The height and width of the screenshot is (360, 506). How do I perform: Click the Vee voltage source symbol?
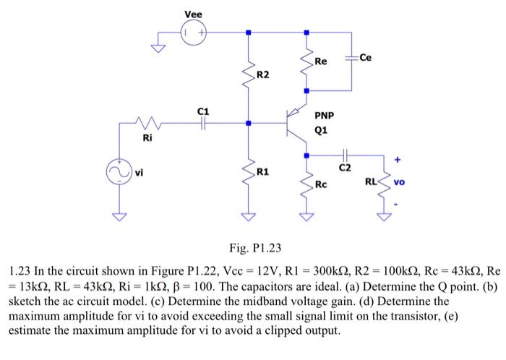[x=194, y=33]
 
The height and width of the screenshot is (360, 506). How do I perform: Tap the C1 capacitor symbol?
[x=205, y=124]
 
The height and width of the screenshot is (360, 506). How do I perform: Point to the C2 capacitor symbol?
[x=345, y=155]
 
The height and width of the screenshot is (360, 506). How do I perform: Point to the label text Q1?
[x=322, y=131]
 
